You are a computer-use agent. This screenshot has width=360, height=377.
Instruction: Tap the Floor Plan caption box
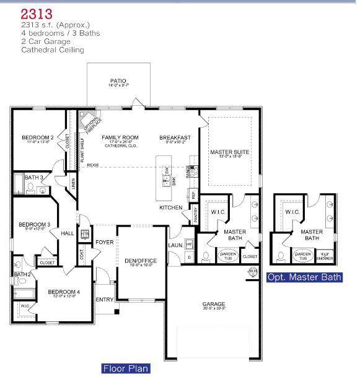(x=125, y=368)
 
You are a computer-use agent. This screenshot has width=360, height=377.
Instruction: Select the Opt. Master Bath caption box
(x=304, y=277)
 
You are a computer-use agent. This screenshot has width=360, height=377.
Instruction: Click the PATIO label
(x=118, y=80)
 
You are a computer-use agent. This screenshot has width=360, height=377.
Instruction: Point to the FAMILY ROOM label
(x=120, y=137)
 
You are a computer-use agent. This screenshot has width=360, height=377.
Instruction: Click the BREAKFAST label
(x=174, y=137)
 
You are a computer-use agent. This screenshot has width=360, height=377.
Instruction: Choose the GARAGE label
(x=214, y=304)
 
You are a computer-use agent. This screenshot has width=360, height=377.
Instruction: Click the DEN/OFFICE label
(x=141, y=261)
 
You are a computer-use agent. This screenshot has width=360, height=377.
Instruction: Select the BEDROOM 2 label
(x=37, y=137)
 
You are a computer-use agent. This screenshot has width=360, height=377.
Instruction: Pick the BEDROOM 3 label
(x=34, y=224)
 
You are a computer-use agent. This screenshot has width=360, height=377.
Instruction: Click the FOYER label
(x=104, y=241)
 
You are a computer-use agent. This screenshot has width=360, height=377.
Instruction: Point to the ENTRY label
(x=104, y=300)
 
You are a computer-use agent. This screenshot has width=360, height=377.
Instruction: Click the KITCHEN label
(x=170, y=207)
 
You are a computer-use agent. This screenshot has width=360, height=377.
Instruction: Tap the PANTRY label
(x=195, y=215)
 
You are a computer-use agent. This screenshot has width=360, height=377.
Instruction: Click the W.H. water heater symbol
(x=252, y=271)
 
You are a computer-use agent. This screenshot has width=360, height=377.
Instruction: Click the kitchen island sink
(x=166, y=181)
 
